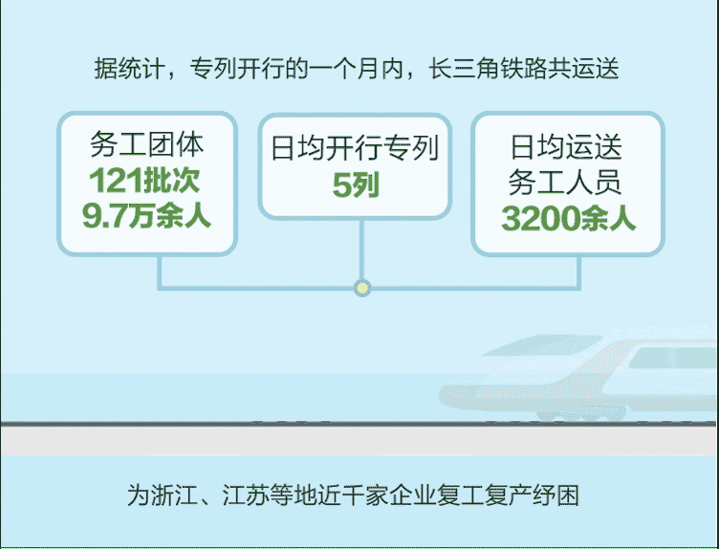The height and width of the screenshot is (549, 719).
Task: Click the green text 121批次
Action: (x=144, y=180)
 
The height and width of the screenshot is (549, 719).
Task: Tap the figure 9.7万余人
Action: (x=146, y=215)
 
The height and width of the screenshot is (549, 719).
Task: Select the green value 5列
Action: (x=356, y=185)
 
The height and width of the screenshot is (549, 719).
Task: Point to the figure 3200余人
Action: (x=568, y=218)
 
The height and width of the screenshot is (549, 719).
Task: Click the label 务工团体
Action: (x=146, y=144)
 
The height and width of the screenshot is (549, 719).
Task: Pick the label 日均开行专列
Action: (x=355, y=147)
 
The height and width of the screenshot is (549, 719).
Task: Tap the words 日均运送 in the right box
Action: (x=566, y=147)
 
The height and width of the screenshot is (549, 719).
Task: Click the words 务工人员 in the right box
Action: (x=565, y=182)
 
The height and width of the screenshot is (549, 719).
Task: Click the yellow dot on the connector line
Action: (x=362, y=288)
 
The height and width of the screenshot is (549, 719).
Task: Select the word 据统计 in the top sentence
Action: (x=130, y=69)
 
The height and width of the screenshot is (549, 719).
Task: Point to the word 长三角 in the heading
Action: (x=464, y=69)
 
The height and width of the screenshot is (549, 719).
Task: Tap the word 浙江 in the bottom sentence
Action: (x=174, y=495)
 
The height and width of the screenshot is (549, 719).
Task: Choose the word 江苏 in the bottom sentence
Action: (x=246, y=495)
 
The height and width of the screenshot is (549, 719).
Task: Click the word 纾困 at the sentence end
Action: (x=556, y=495)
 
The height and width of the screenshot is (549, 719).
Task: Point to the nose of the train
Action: (x=444, y=395)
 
